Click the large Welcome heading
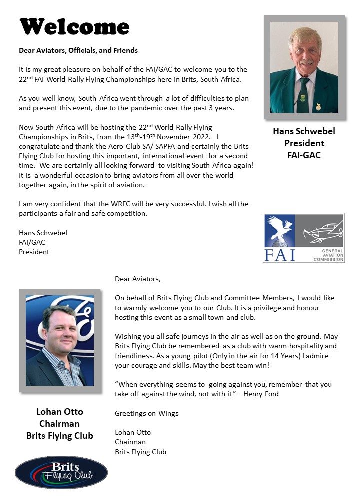click(74, 27)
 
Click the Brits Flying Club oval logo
click(61, 472)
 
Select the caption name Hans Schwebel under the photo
click(304, 132)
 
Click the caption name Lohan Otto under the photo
click(60, 412)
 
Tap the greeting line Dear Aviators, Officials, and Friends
click(78, 50)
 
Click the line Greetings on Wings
click(147, 413)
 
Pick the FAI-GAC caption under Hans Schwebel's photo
click(304, 155)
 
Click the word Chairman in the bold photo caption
click(60, 424)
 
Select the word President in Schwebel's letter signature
click(34, 252)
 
